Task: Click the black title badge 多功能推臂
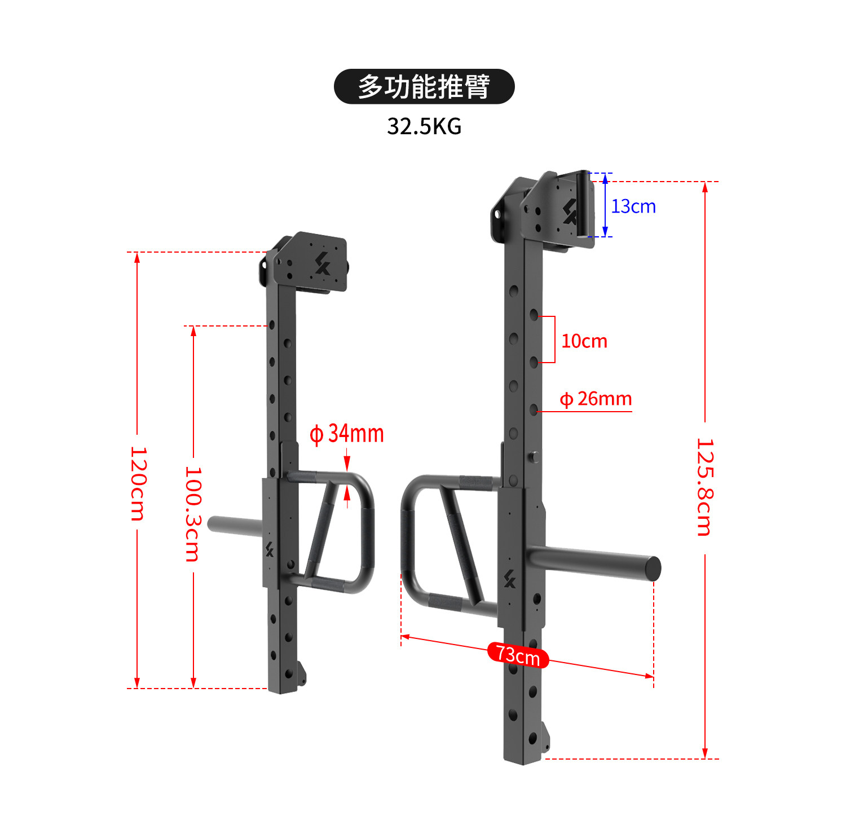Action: coord(424,86)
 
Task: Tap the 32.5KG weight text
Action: coord(424,126)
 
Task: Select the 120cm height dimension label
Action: coord(138,483)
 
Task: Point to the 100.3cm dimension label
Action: coord(193,514)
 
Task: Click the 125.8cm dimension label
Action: coord(705,487)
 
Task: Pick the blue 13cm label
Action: coord(633,206)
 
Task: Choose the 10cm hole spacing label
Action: coord(584,341)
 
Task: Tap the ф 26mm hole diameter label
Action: coord(596,399)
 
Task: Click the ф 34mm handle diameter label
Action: coord(347,434)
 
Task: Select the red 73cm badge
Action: coord(518,655)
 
